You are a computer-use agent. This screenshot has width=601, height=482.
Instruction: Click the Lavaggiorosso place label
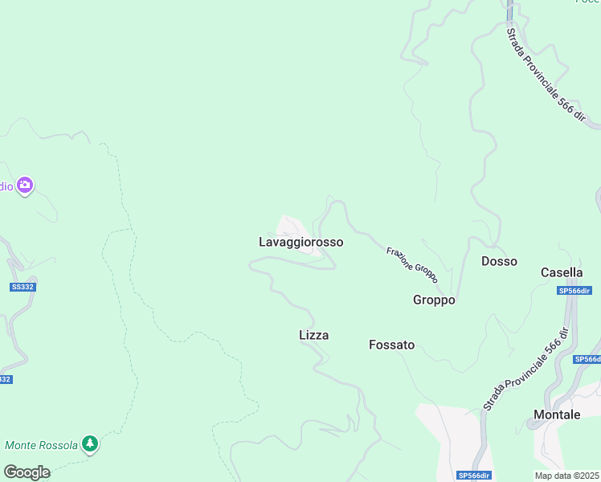pyautogui.click(x=301, y=242)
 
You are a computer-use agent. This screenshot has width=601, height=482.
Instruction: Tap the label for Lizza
pyautogui.click(x=313, y=335)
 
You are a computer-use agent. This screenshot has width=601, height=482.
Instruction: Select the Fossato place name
pyautogui.click(x=391, y=345)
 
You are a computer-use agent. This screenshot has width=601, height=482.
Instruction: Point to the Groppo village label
pyautogui.click(x=434, y=300)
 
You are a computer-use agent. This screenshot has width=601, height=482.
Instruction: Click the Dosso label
pyautogui.click(x=499, y=261)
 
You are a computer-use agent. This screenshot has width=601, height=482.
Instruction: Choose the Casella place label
pyautogui.click(x=562, y=272)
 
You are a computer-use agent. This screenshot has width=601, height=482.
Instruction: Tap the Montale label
pyautogui.click(x=557, y=415)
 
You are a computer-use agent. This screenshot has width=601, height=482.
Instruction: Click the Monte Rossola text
pyautogui.click(x=42, y=445)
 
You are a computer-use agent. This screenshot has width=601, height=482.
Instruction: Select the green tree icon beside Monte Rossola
pyautogui.click(x=91, y=443)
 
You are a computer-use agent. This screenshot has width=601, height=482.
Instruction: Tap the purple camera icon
pyautogui.click(x=25, y=186)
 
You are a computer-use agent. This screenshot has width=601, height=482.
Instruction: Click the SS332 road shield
pyautogui.click(x=24, y=287)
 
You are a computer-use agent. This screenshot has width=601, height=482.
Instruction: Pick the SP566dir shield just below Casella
pyautogui.click(x=574, y=291)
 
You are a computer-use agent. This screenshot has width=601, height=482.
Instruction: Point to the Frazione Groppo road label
pyautogui.click(x=412, y=264)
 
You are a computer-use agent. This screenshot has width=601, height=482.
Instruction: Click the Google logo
pyautogui.click(x=27, y=472)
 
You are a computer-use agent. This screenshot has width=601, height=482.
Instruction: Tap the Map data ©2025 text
pyautogui.click(x=566, y=476)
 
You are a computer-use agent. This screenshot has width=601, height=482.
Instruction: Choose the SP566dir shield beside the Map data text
pyautogui.click(x=474, y=476)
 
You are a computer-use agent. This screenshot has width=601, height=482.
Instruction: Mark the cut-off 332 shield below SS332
pyautogui.click(x=5, y=379)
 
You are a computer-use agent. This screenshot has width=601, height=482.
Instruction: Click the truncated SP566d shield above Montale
pyautogui.click(x=589, y=360)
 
